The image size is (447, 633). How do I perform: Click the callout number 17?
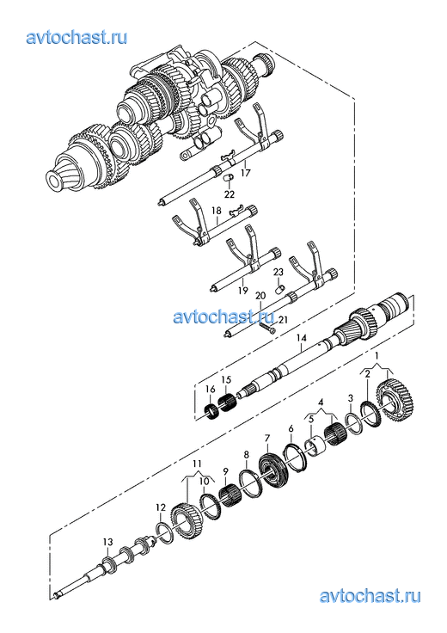245,173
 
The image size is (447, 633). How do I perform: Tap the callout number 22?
230,194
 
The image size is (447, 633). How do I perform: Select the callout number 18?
217,211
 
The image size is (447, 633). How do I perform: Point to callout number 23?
279,272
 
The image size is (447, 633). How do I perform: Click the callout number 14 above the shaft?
302,337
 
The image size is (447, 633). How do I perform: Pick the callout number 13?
107,542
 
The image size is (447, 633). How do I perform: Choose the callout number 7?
266,438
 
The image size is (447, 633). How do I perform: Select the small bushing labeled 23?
279,290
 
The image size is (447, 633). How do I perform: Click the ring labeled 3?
353,423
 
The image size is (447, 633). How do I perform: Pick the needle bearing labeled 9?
230,495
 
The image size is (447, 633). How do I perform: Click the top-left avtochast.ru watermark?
77,38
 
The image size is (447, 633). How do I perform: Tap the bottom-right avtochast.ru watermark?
370,596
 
